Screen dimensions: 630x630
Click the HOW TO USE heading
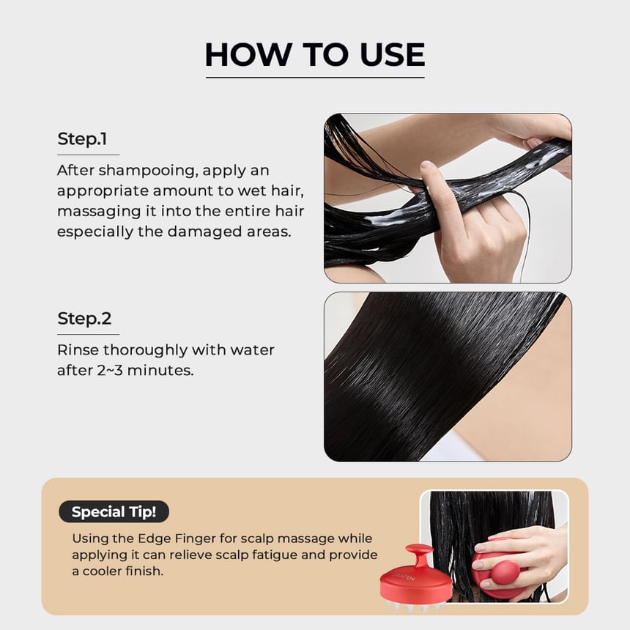(315, 54)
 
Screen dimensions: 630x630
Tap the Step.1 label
(82, 139)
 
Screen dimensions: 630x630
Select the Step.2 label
(84, 319)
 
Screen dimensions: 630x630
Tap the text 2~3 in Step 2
(110, 371)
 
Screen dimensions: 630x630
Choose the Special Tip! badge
(114, 511)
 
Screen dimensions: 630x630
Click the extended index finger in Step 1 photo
(434, 182)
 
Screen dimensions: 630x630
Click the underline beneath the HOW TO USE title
(315, 78)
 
